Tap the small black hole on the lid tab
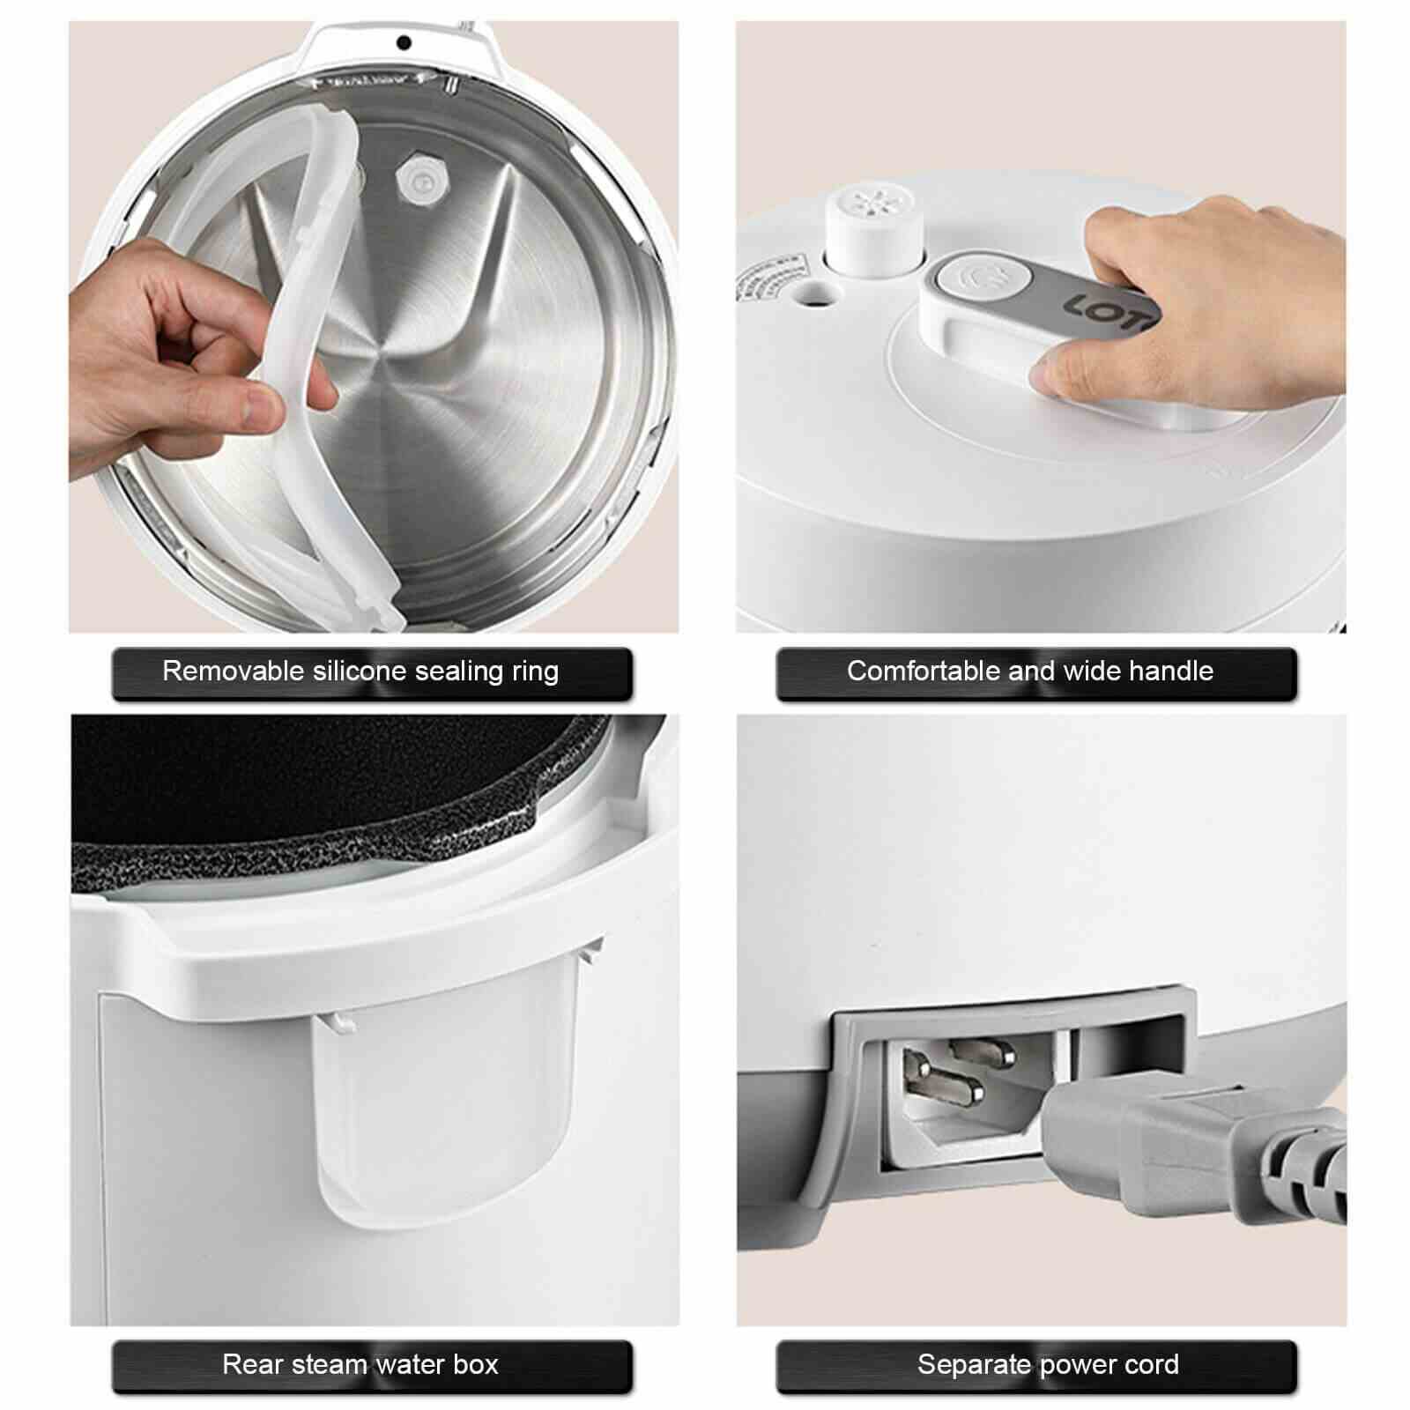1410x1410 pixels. click(404, 42)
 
